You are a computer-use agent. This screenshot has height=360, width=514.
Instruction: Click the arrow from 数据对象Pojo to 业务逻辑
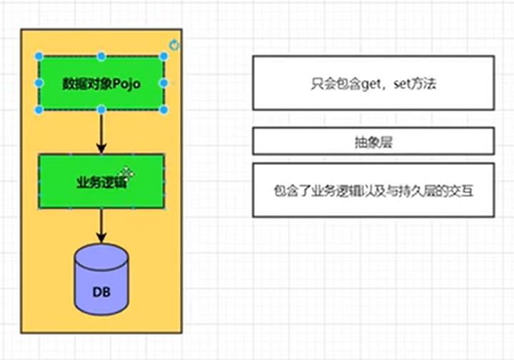(x=101, y=133)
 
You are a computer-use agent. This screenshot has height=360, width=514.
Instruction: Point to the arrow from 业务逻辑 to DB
(x=101, y=227)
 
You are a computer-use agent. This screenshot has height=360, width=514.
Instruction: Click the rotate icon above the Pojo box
(x=174, y=45)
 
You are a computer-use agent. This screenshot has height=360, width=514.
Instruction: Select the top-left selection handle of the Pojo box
(x=39, y=56)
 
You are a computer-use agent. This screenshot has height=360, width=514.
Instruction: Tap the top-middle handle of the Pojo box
(x=101, y=56)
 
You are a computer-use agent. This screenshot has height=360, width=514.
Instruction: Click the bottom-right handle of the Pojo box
(x=163, y=109)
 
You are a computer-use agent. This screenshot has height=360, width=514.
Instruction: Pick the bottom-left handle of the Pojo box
(x=39, y=109)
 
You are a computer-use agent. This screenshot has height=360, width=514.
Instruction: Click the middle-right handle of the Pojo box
(x=163, y=83)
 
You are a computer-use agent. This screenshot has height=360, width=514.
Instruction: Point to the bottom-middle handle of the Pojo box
(x=101, y=109)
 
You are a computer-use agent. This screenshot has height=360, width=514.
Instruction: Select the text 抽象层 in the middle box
(x=373, y=142)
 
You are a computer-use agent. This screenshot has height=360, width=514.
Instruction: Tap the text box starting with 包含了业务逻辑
(x=373, y=190)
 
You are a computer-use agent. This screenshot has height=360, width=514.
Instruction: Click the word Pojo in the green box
(x=126, y=84)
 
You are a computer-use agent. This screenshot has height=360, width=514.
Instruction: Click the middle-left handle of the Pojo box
(x=39, y=83)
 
